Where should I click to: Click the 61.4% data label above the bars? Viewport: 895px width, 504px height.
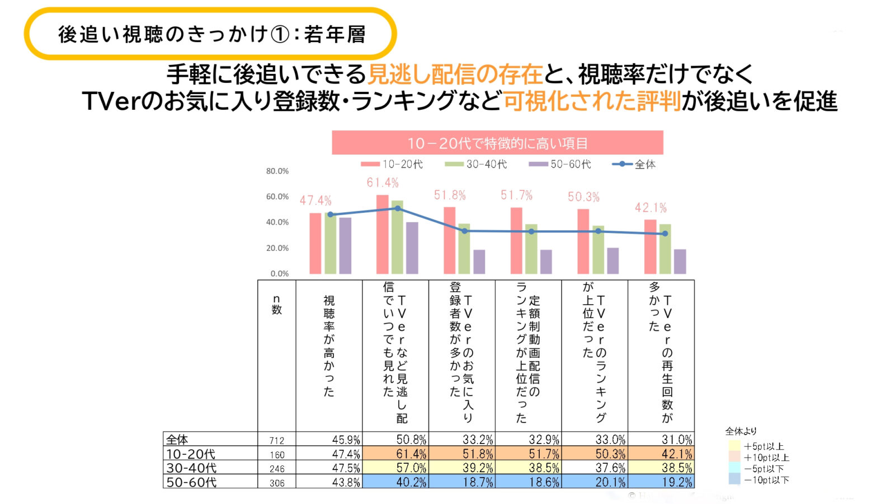pyautogui.click(x=383, y=183)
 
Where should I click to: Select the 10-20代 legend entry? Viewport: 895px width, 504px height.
pyautogui.click(x=392, y=164)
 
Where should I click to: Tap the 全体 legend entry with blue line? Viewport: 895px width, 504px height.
pyautogui.click(x=634, y=164)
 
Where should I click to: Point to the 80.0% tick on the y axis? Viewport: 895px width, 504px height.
pyautogui.click(x=277, y=171)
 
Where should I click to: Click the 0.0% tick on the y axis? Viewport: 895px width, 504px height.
pyautogui.click(x=280, y=274)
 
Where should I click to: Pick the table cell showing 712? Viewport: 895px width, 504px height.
pyautogui.click(x=277, y=441)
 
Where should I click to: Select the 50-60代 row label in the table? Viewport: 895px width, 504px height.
pyautogui.click(x=191, y=482)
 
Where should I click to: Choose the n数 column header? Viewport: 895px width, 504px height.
pyautogui.click(x=276, y=305)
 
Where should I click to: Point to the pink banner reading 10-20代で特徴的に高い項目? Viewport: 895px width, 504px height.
pyautogui.click(x=497, y=143)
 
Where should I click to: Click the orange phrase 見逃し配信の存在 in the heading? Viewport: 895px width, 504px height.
pyautogui.click(x=455, y=74)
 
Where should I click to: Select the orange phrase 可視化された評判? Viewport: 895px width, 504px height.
pyautogui.click(x=592, y=101)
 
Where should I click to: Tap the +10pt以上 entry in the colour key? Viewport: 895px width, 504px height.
pyautogui.click(x=766, y=458)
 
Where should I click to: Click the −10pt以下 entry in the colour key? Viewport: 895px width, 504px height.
pyautogui.click(x=766, y=480)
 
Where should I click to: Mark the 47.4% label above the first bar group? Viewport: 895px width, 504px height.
pyautogui.click(x=315, y=200)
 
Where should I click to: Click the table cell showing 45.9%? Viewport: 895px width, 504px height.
pyautogui.click(x=346, y=440)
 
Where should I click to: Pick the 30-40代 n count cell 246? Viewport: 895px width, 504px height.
pyautogui.click(x=277, y=469)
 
